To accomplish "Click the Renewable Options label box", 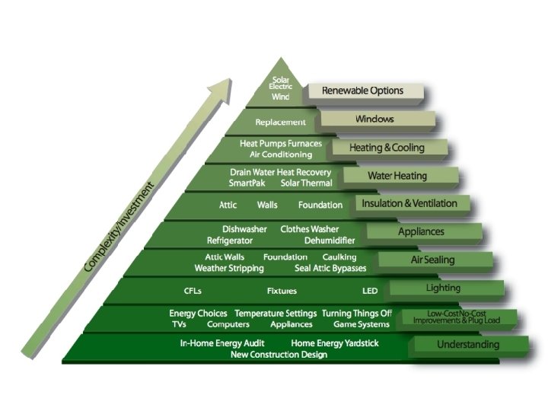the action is pyautogui.click(x=363, y=91).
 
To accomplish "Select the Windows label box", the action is pyautogui.click(x=374, y=119).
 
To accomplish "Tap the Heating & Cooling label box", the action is pyautogui.click(x=387, y=148).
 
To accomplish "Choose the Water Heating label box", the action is pyautogui.click(x=397, y=176).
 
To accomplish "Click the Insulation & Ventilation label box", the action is pyautogui.click(x=409, y=204).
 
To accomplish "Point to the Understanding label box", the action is pyautogui.click(x=467, y=345).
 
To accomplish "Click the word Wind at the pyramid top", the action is pyautogui.click(x=280, y=97).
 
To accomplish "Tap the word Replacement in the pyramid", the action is pyautogui.click(x=280, y=122).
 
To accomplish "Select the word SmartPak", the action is pyautogui.click(x=246, y=183).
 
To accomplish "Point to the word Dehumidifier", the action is pyautogui.click(x=330, y=240).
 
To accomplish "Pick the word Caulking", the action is pyautogui.click(x=339, y=257).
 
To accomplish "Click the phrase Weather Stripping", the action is pyautogui.click(x=229, y=268).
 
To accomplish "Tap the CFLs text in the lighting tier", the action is pyautogui.click(x=193, y=291).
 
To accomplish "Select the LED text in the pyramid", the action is pyautogui.click(x=370, y=291).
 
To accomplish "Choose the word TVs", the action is pyautogui.click(x=180, y=324).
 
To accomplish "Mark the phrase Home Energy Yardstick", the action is pyautogui.click(x=334, y=343).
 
